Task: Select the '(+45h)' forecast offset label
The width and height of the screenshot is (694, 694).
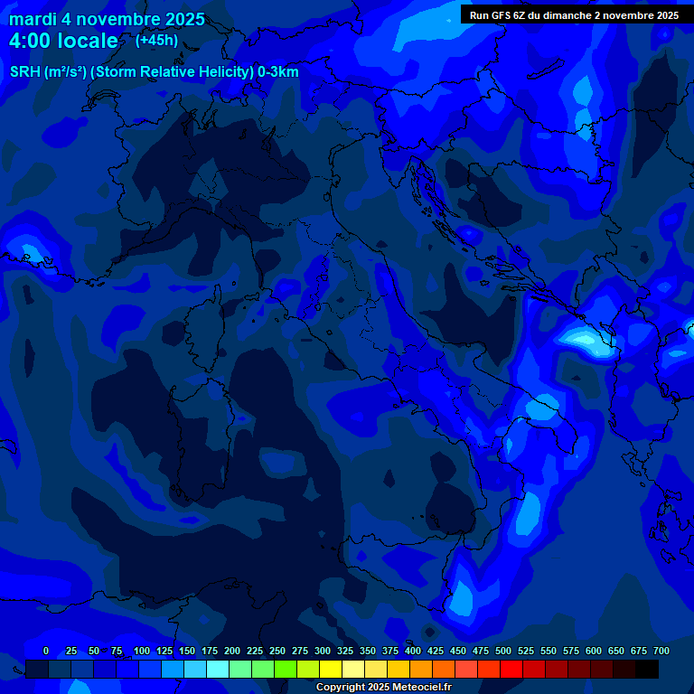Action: pyautogui.click(x=156, y=40)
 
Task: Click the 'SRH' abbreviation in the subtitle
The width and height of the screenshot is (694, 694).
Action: pyautogui.click(x=24, y=72)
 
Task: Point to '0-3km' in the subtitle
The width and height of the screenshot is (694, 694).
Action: pyautogui.click(x=277, y=72)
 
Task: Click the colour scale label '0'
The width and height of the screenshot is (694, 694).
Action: pyautogui.click(x=46, y=651)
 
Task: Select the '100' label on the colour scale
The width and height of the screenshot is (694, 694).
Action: pyautogui.click(x=142, y=651)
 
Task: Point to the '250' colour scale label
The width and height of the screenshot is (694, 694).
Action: pyautogui.click(x=277, y=651)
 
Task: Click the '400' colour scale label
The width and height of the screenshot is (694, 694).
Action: pyautogui.click(x=413, y=651)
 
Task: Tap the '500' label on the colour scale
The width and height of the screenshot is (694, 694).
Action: pyautogui.click(x=503, y=651)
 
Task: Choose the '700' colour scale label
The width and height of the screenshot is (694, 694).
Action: pyautogui.click(x=661, y=651)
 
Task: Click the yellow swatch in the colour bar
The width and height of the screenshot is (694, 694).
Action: pyautogui.click(x=331, y=669)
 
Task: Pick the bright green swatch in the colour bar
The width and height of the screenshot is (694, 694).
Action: pyautogui.click(x=286, y=669)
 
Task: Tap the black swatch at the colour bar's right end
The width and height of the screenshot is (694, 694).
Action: pyautogui.click(x=647, y=669)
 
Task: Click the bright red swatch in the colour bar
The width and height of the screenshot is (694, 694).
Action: pyautogui.click(x=511, y=669)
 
